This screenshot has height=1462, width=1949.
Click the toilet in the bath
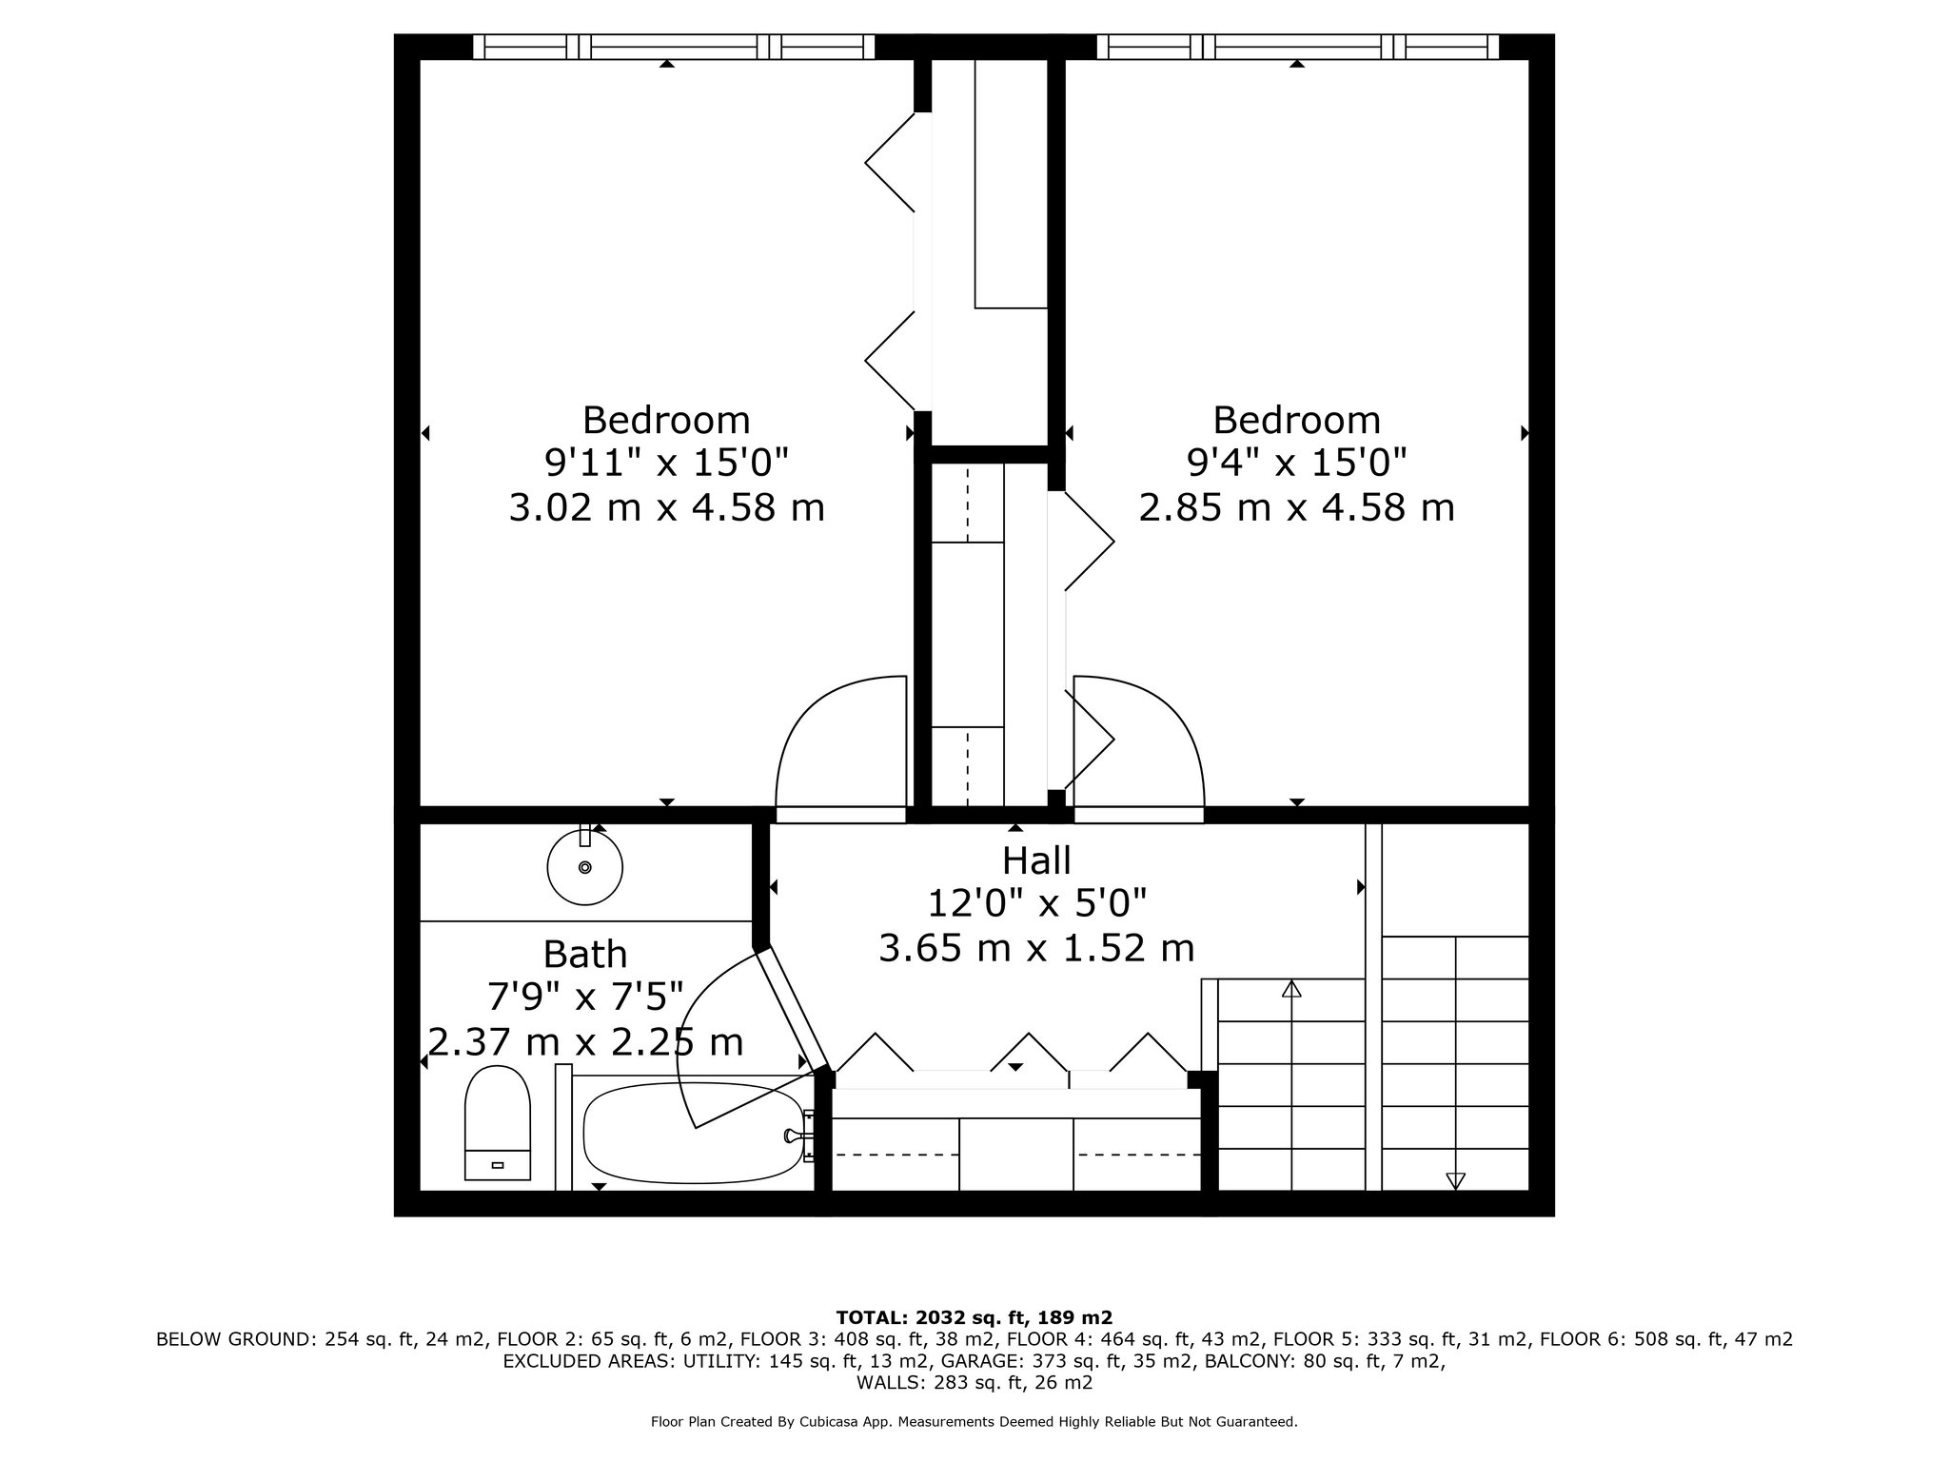click(x=497, y=1123)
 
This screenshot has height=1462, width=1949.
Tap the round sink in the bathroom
click(x=584, y=866)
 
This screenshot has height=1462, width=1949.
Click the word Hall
click(x=1036, y=860)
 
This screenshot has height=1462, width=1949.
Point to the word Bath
click(x=585, y=954)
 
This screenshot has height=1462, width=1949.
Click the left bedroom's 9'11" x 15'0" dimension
click(x=666, y=464)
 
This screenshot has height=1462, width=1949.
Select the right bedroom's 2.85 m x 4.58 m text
click(x=1296, y=507)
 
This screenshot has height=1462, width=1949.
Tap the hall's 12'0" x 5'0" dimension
click(x=1036, y=902)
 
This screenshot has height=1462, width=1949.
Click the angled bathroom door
click(x=793, y=1009)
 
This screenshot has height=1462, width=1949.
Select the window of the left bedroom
click(x=674, y=47)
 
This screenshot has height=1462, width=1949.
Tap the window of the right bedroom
click(x=1298, y=47)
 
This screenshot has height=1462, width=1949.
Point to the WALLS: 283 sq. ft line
click(x=974, y=1383)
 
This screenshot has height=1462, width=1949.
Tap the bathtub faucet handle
click(x=792, y=1135)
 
